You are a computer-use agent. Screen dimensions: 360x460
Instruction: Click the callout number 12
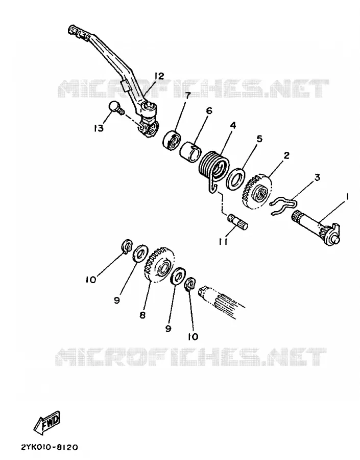click(x=159, y=77)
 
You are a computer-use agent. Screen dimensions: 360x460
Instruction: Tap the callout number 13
click(x=99, y=128)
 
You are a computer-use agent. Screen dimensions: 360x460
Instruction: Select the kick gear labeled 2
click(x=257, y=192)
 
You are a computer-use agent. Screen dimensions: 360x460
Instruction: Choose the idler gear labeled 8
click(x=159, y=265)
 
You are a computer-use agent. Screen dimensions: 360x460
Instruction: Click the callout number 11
click(x=223, y=241)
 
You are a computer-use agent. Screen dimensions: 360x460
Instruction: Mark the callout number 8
click(x=142, y=315)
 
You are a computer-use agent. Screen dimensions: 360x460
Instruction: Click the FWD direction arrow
click(x=47, y=423)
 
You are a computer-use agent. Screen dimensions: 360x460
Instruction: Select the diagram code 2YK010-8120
click(x=49, y=447)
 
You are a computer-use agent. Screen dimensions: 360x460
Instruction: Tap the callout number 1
click(x=347, y=197)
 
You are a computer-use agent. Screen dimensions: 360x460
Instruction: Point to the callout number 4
click(x=232, y=125)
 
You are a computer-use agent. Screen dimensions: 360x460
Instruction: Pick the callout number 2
click(x=286, y=155)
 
